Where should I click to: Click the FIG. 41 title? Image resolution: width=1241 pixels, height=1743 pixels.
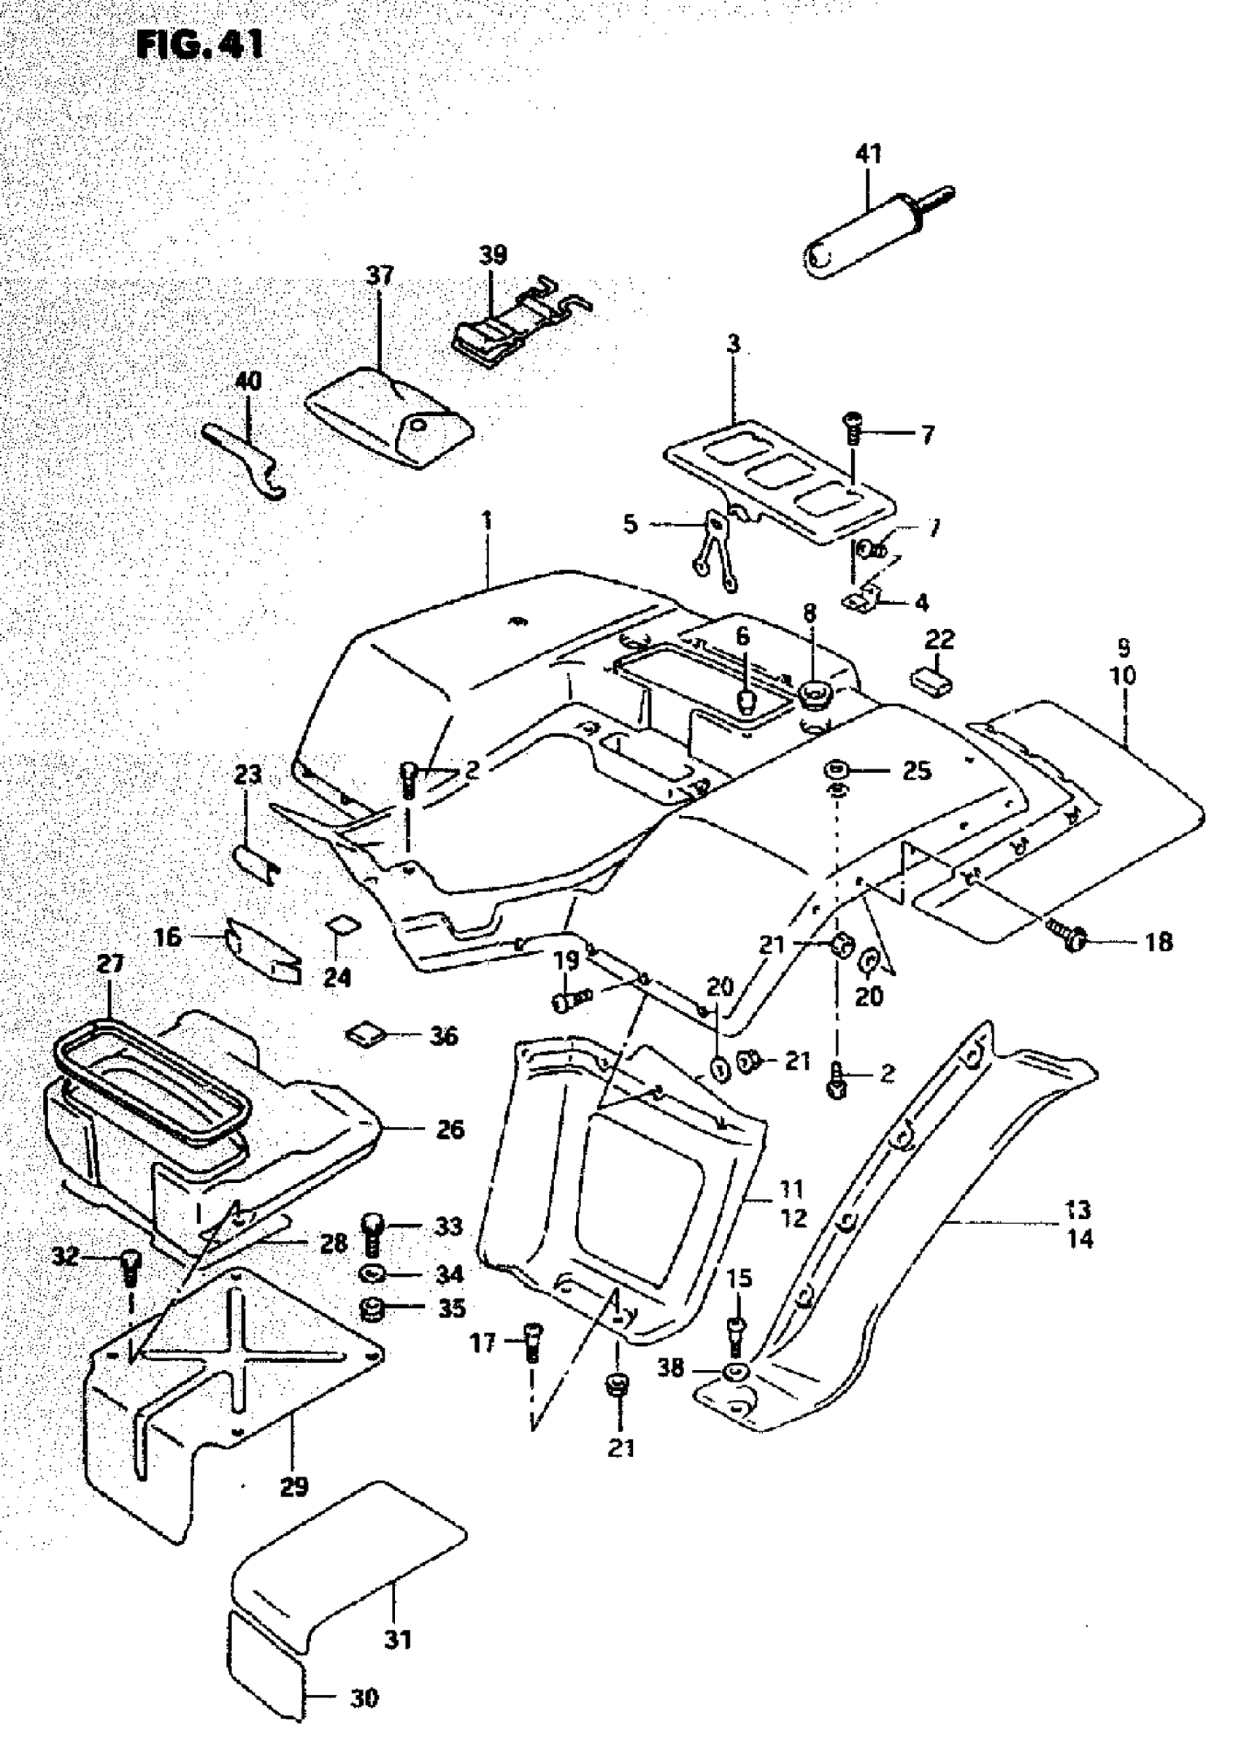pyautogui.click(x=200, y=45)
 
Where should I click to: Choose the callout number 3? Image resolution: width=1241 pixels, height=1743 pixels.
pyautogui.click(x=734, y=345)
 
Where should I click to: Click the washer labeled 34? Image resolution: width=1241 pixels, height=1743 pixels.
pyautogui.click(x=374, y=1274)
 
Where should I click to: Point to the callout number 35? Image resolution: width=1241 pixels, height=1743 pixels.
pyautogui.click(x=452, y=1308)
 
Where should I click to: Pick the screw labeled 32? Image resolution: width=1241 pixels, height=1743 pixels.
pyautogui.click(x=131, y=1269)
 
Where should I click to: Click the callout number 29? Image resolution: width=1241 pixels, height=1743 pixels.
pyautogui.click(x=294, y=1486)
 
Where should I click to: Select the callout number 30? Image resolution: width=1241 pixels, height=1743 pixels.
pyautogui.click(x=364, y=1698)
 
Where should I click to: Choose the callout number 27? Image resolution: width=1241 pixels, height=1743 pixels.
pyautogui.click(x=111, y=963)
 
